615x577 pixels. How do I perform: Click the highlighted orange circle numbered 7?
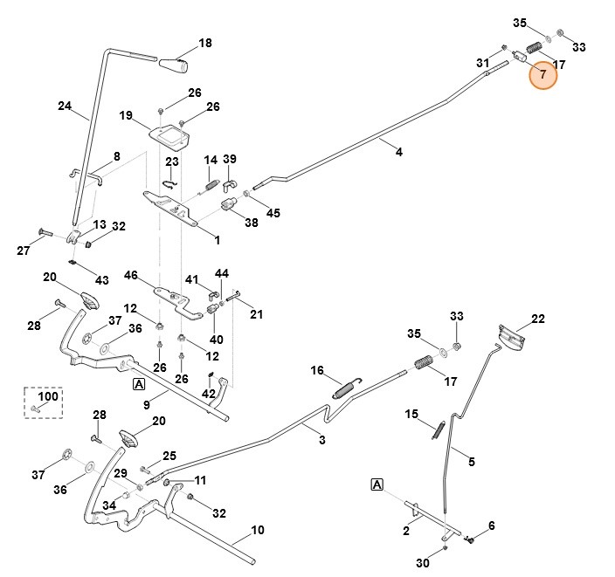543,75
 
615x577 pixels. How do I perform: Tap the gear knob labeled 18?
175,65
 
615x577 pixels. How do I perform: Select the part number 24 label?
65,107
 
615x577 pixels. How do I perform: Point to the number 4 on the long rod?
399,152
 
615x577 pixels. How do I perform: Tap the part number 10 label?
257,530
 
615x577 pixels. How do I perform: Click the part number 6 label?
491,525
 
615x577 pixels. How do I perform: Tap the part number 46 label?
131,275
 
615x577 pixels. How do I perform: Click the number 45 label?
273,212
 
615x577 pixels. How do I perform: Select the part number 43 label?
102,279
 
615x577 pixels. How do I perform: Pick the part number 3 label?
321,440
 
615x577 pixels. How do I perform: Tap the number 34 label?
108,505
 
